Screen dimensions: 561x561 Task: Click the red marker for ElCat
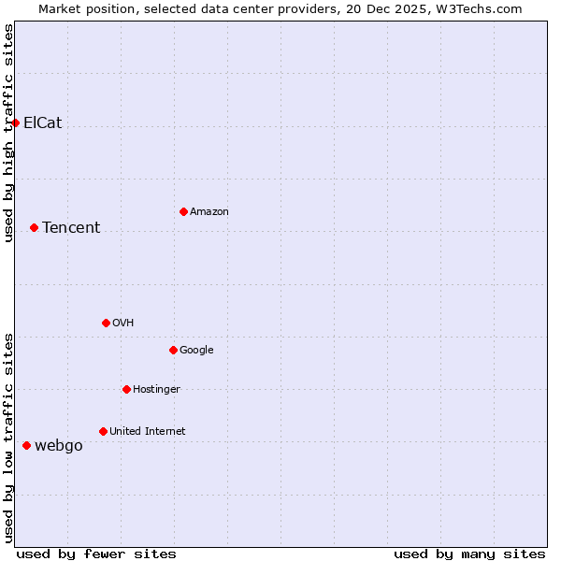(15, 122)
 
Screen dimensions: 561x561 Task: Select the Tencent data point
(34, 227)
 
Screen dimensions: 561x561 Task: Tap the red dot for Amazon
(183, 211)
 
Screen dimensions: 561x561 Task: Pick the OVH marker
(106, 323)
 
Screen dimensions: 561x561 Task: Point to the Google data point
(173, 350)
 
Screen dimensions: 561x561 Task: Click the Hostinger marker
(126, 389)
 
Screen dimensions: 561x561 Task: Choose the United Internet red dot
(103, 431)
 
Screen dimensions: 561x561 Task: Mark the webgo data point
(26, 445)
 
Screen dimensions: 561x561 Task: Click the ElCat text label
(42, 122)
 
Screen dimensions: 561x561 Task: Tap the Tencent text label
(71, 227)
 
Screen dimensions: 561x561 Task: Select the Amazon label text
(209, 211)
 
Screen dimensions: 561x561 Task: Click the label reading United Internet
(147, 431)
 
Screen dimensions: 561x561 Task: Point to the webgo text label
(59, 445)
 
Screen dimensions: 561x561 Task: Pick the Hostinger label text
(156, 389)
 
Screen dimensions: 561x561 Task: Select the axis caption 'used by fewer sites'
(96, 554)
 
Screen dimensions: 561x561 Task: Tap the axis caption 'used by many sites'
(469, 554)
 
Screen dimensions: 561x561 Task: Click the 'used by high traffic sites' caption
(8, 133)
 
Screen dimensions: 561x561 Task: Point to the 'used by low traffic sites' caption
(8, 438)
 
